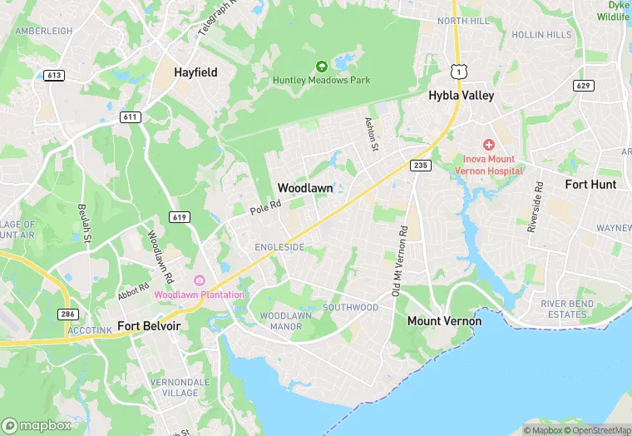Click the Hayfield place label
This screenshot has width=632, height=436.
195,72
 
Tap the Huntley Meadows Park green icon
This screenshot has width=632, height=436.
322,66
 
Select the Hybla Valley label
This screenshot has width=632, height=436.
461,96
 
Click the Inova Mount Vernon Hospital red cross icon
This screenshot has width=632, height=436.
489,145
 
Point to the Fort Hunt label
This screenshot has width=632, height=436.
590,184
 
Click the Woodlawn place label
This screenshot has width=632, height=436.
305,188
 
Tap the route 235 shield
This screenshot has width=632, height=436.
421,166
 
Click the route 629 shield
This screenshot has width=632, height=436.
583,85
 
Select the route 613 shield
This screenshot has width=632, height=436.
54,75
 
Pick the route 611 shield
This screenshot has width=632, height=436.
129,117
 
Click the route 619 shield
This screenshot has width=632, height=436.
181,217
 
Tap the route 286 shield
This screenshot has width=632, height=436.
68,314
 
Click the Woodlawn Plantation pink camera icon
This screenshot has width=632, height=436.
200,280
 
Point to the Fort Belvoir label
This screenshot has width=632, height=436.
150,325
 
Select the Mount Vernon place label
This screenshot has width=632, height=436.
444,320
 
